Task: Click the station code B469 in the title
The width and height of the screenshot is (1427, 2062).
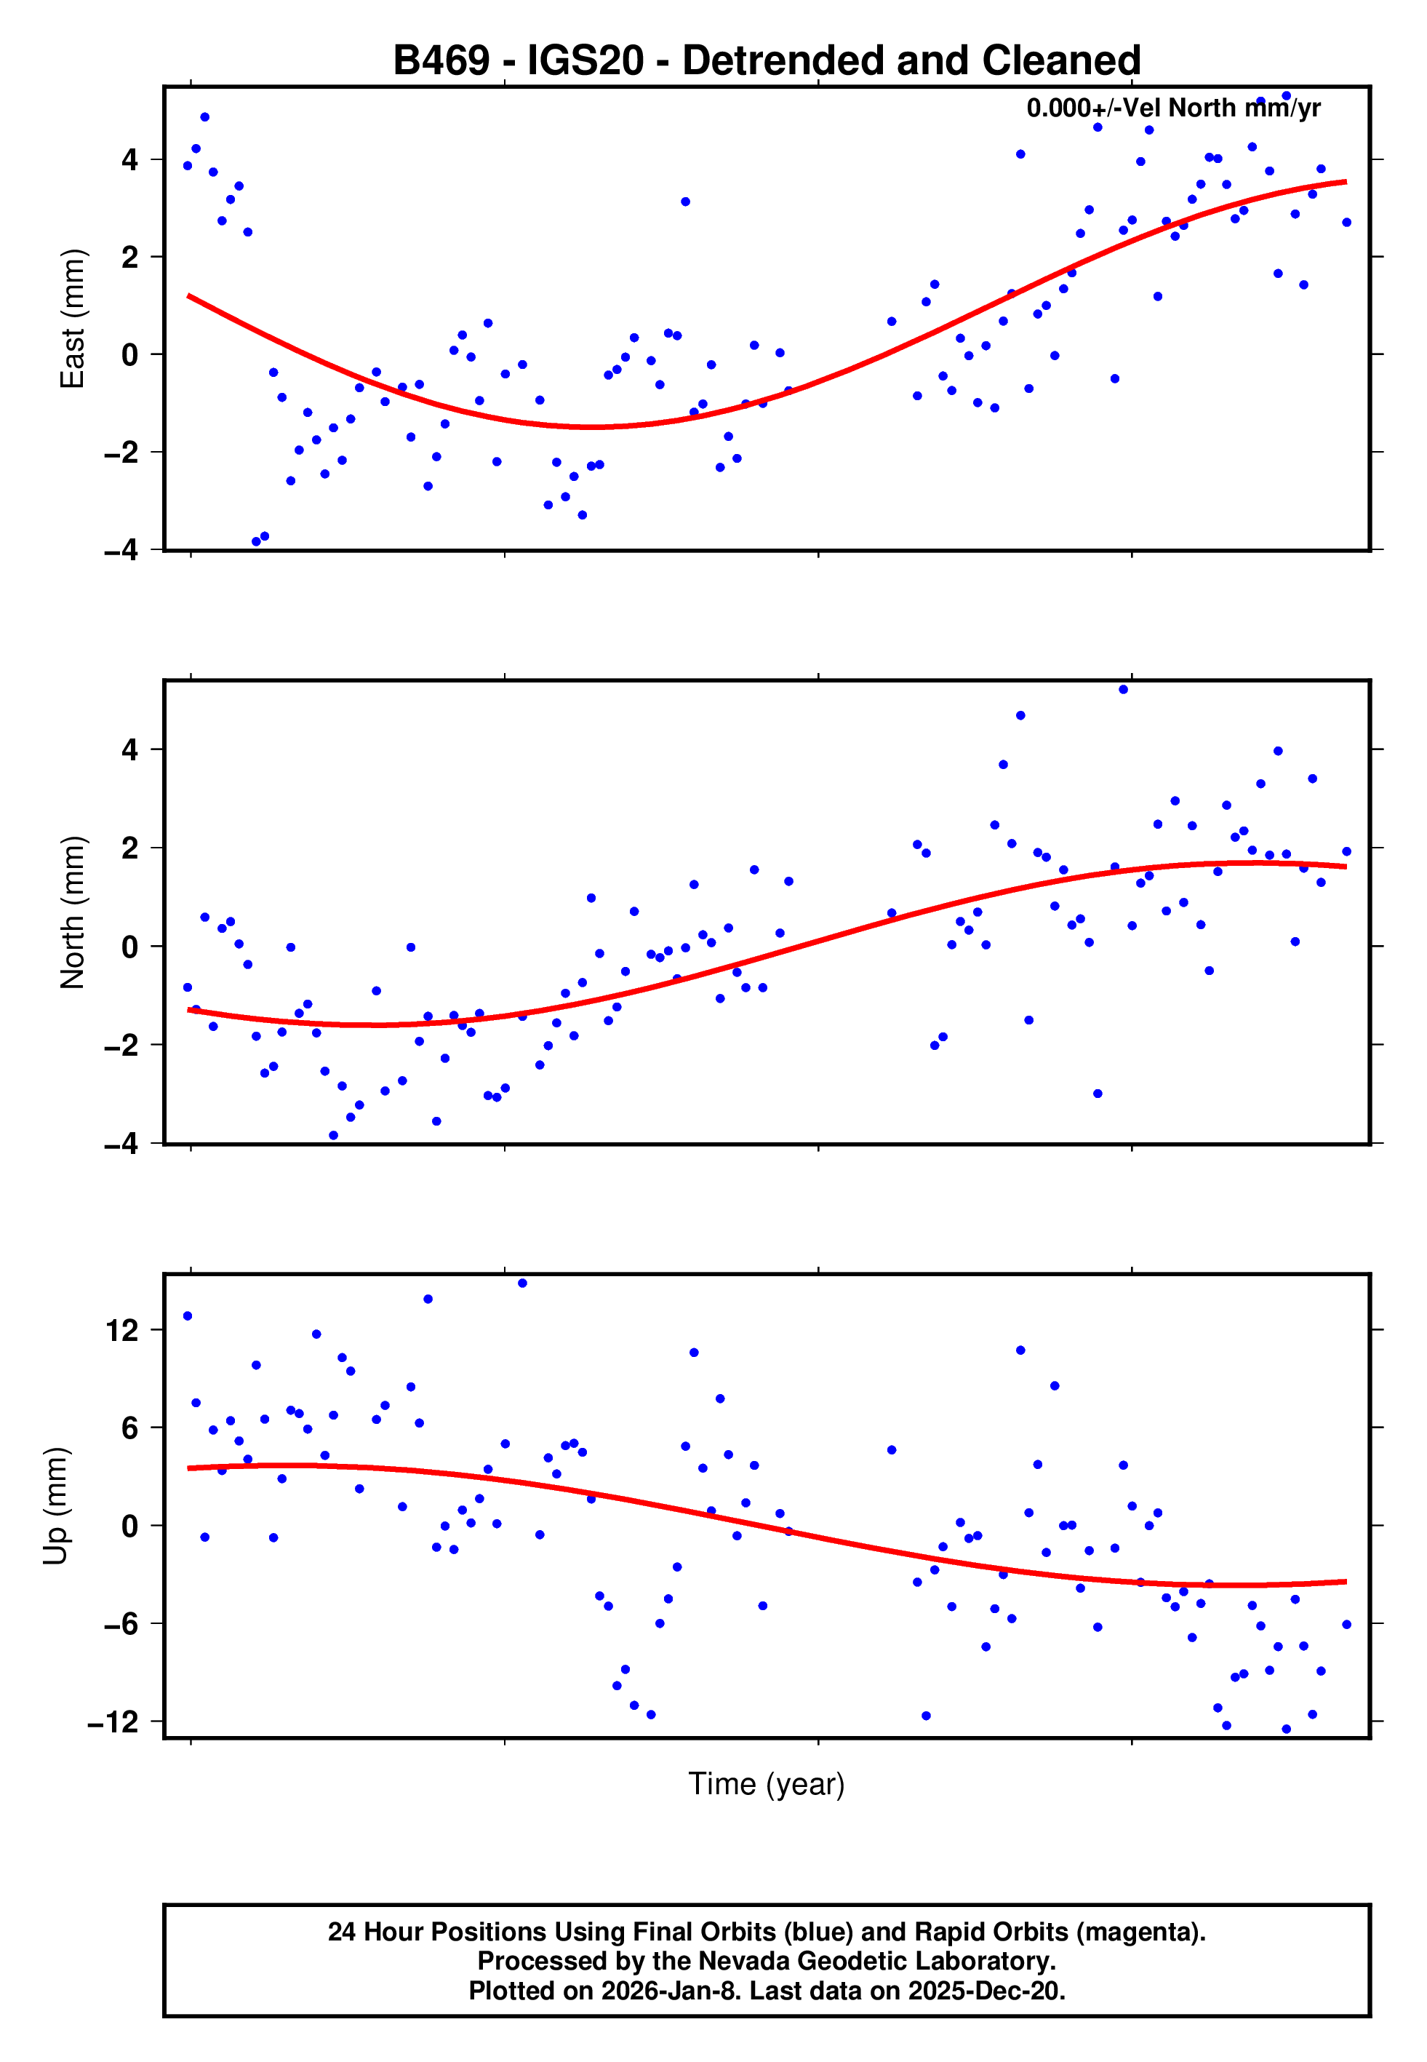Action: pos(441,61)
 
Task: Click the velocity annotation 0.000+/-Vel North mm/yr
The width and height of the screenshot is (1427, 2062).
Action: pos(1173,108)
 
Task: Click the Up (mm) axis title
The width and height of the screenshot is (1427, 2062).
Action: pos(55,1505)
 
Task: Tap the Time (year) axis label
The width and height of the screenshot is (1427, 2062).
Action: pos(767,1783)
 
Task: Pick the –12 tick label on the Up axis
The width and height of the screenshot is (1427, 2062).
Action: pos(113,1721)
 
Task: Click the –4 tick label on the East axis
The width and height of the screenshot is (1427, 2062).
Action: pos(121,550)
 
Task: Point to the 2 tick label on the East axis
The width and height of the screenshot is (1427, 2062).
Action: pos(130,258)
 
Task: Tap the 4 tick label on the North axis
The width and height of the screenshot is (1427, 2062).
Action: pos(130,749)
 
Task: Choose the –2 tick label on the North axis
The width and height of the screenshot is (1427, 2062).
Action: pos(121,1044)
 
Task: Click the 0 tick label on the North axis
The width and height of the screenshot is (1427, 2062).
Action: pos(130,946)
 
